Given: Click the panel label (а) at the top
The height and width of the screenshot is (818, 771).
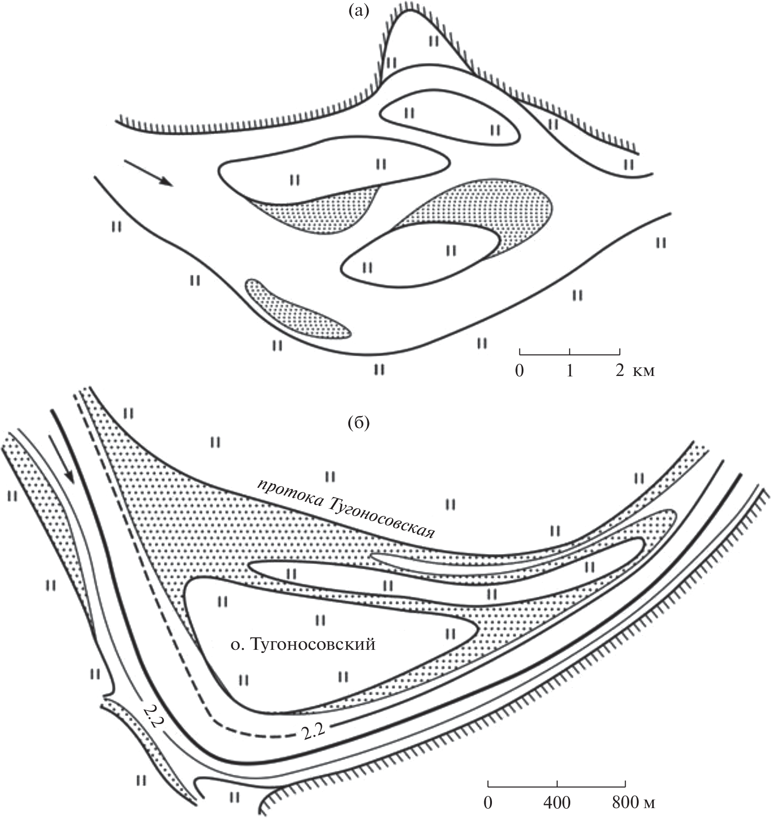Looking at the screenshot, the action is coord(359,11).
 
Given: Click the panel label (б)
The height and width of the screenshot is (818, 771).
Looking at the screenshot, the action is coord(359,423).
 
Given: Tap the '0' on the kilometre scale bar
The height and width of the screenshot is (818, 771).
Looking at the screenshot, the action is coord(519,371).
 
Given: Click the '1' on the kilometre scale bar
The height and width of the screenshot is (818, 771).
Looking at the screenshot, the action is coord(570,371).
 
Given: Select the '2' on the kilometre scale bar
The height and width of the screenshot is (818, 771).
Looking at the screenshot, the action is coord(620,371).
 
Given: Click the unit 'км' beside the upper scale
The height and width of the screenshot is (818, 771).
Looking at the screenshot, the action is coord(644,371).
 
